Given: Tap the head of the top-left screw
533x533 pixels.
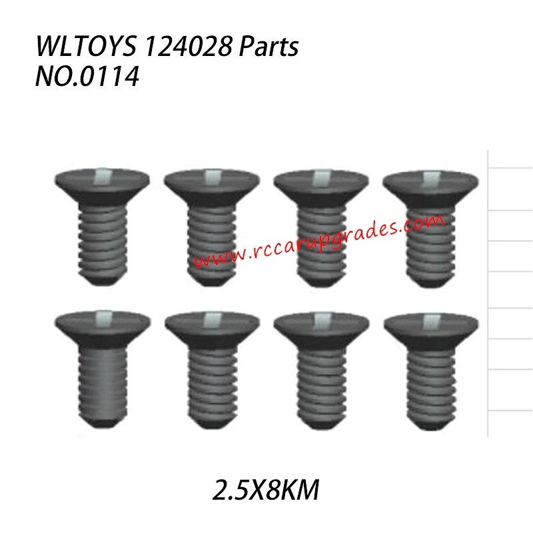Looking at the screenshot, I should coord(102,183).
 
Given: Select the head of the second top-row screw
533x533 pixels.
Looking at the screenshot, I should coord(212,183).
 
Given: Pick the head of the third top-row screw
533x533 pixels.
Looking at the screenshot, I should coord(322,183).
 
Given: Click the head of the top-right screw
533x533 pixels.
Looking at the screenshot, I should coord(432,183).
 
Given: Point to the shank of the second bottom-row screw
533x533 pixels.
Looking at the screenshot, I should coord(212,386).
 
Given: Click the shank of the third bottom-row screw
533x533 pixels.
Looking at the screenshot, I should coord(322,386).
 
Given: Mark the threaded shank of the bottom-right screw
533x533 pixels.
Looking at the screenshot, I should coord(432,386).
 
